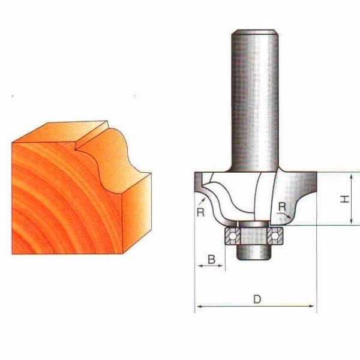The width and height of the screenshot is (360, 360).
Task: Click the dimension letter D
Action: coord(257,299)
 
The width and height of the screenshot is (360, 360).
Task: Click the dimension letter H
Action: coord(344,199)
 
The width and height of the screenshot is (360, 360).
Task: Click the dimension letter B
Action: coord(211,259)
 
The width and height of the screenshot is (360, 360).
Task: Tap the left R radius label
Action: coord(200,212)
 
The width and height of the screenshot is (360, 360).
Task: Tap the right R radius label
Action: coord(282,207)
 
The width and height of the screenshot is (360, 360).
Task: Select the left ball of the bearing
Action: coord(232,236)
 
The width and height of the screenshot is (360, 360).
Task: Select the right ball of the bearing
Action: coord(275,236)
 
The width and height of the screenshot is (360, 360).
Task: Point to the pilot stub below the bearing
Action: coord(254,252)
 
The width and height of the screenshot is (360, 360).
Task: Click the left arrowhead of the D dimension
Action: coord(200,306)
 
